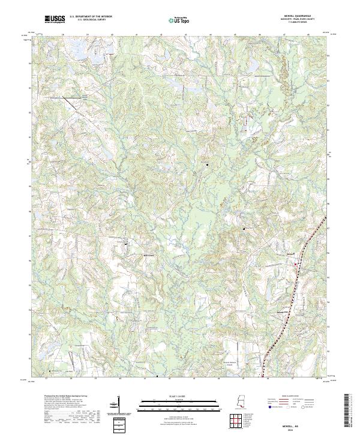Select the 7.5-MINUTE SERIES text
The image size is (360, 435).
[x=301, y=23]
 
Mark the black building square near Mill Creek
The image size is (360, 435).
[x=125, y=245]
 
